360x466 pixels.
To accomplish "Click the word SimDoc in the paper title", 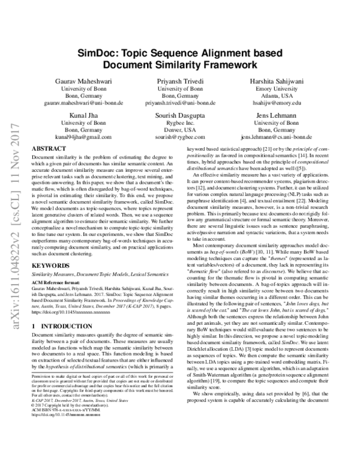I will [x=98, y=53].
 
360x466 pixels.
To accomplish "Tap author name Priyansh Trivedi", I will [x=181, y=80].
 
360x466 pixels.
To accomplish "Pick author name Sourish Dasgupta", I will [x=181, y=114].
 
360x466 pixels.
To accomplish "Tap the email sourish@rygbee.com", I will [x=181, y=137].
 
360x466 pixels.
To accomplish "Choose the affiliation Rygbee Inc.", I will [x=181, y=122].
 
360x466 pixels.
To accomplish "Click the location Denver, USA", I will [x=181, y=129].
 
